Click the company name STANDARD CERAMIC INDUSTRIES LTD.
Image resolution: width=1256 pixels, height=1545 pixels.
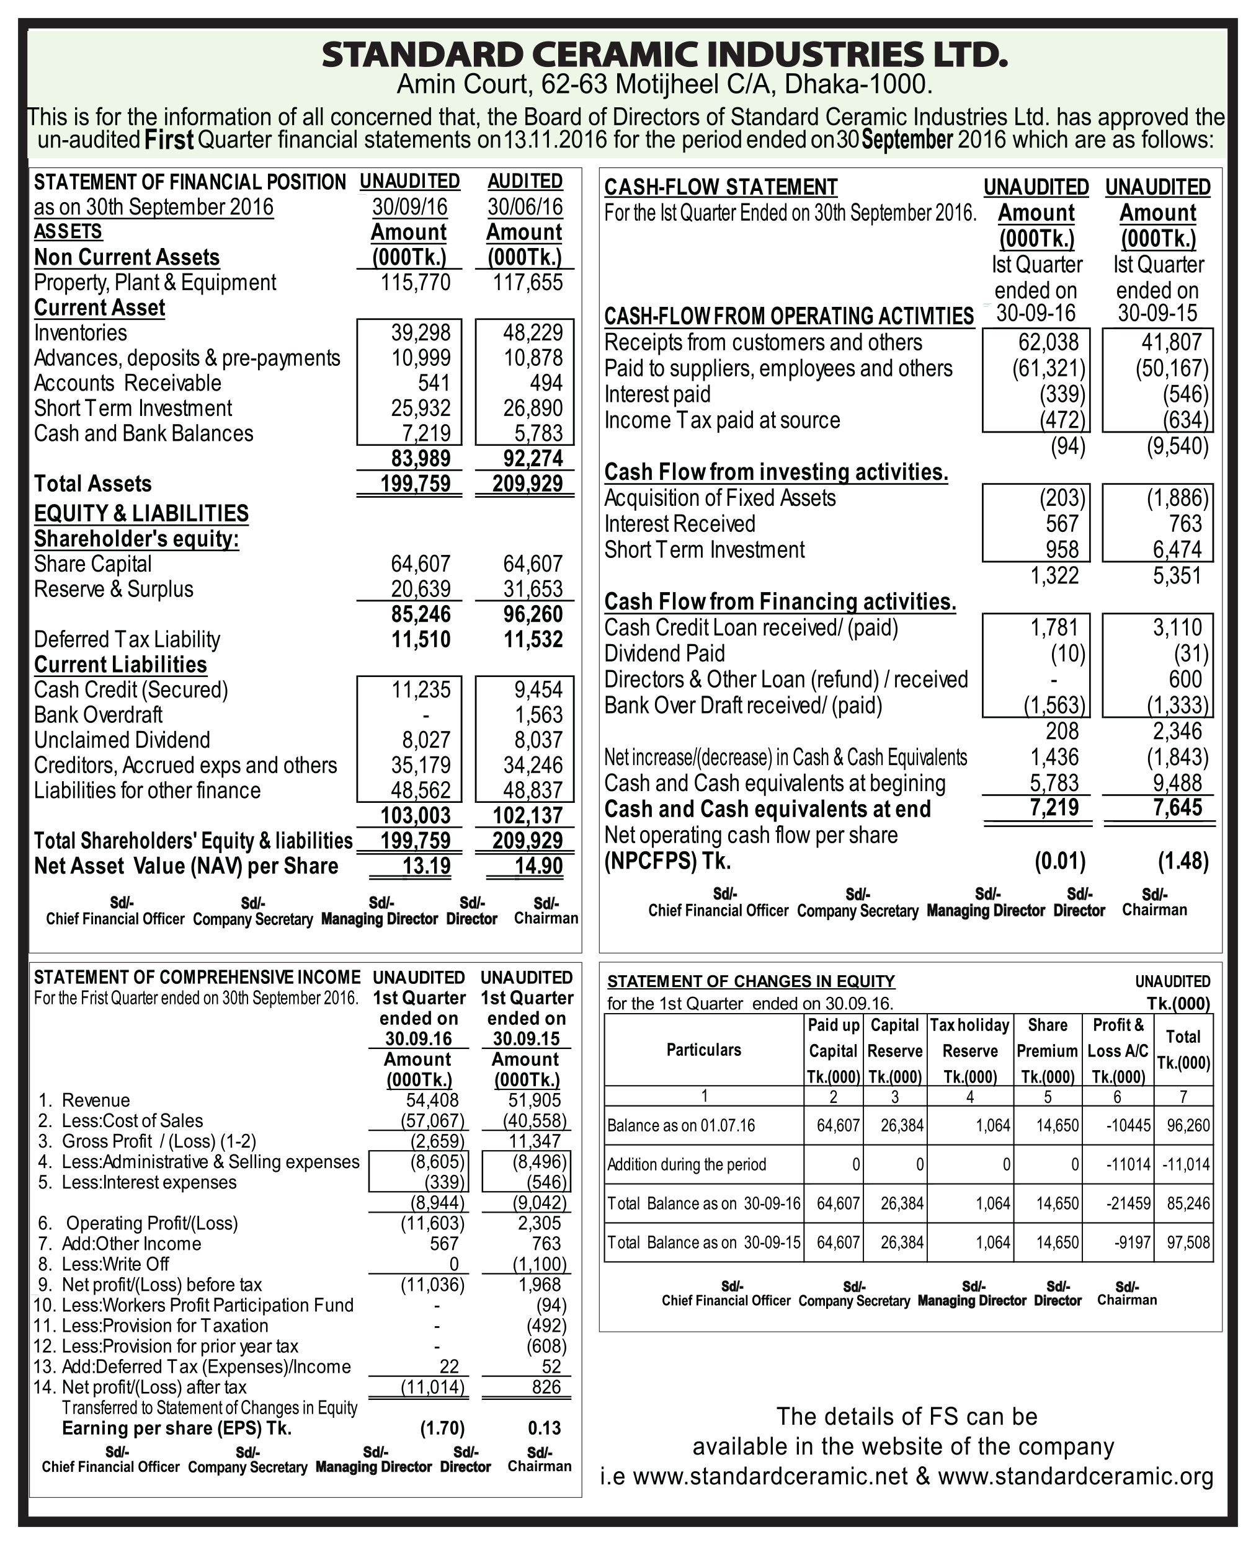point(664,55)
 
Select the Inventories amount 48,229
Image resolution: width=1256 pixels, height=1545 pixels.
point(533,333)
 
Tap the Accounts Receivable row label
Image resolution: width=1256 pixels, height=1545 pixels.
point(127,383)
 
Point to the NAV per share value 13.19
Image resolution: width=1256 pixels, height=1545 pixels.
point(426,865)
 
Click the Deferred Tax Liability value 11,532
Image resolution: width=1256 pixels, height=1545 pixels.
point(533,639)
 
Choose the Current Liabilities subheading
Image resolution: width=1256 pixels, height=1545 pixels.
point(120,665)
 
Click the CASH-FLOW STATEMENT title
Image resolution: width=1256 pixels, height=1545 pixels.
point(721,187)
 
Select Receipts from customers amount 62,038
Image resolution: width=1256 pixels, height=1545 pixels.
point(1048,342)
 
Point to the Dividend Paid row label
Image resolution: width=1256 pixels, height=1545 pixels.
point(664,654)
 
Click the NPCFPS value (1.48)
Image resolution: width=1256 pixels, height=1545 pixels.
point(1183,861)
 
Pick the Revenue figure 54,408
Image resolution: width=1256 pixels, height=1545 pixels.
point(433,1100)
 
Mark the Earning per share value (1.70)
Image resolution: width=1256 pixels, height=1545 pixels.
point(442,1428)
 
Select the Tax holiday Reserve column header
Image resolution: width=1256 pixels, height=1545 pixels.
point(969,1038)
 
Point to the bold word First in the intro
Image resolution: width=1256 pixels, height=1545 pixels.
point(169,139)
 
